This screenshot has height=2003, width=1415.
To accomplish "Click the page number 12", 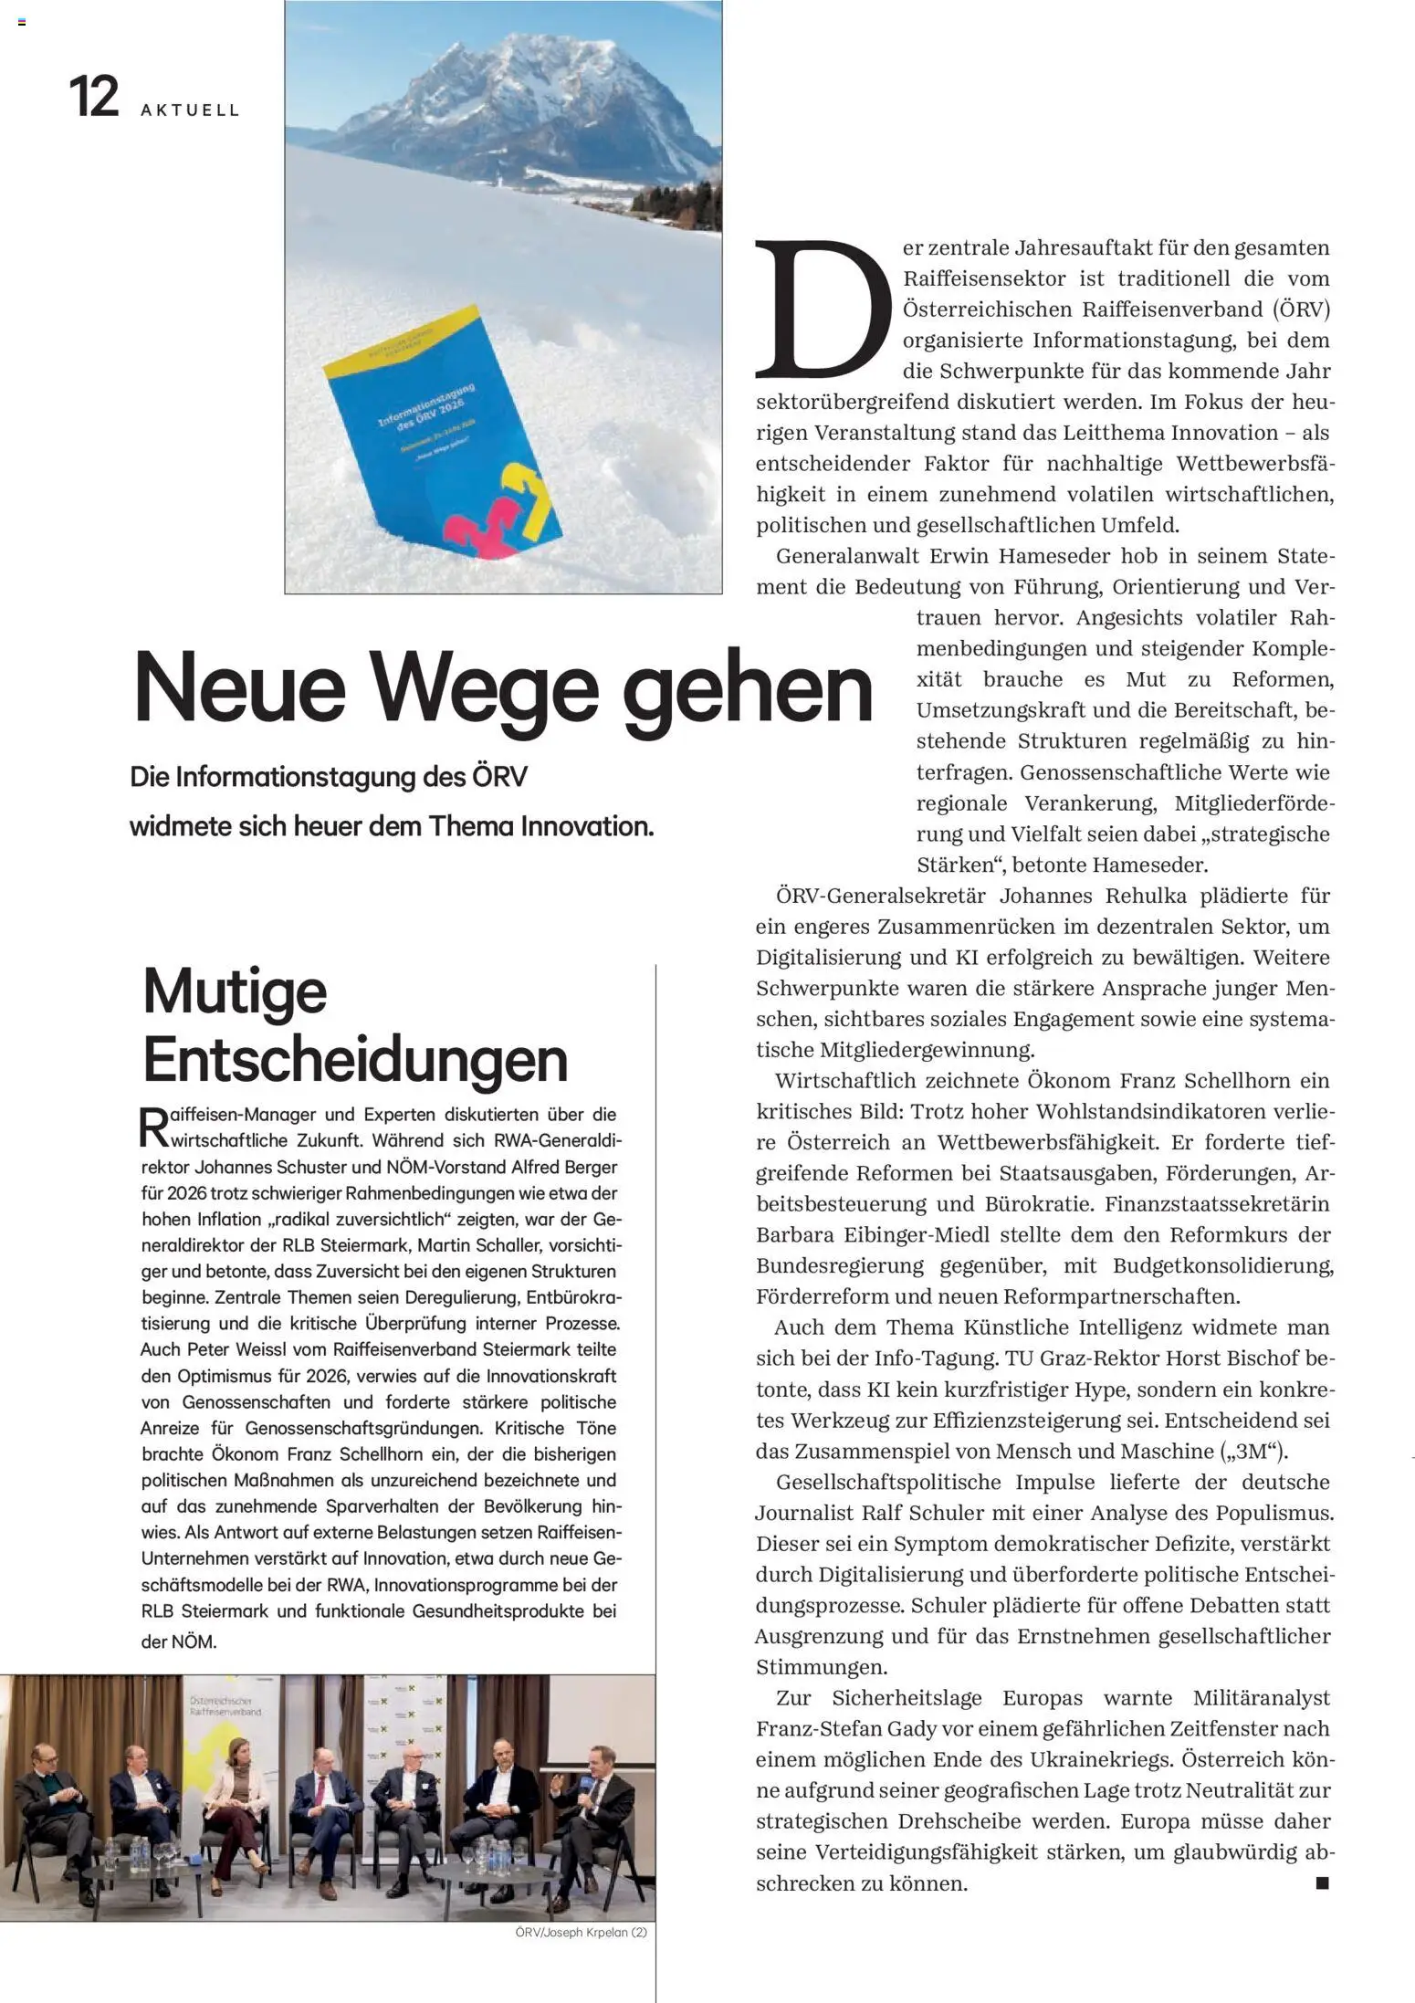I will (x=94, y=97).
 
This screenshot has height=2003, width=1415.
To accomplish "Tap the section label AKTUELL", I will (x=190, y=110).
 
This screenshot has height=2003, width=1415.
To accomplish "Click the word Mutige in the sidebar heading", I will (x=235, y=991).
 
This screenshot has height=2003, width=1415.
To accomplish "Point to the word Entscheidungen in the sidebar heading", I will (x=355, y=1059).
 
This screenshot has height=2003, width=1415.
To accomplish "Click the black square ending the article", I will (x=1322, y=1882).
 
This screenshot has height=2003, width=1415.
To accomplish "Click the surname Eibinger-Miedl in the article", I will (x=903, y=1234).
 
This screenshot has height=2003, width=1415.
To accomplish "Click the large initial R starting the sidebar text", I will (x=152, y=1127).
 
